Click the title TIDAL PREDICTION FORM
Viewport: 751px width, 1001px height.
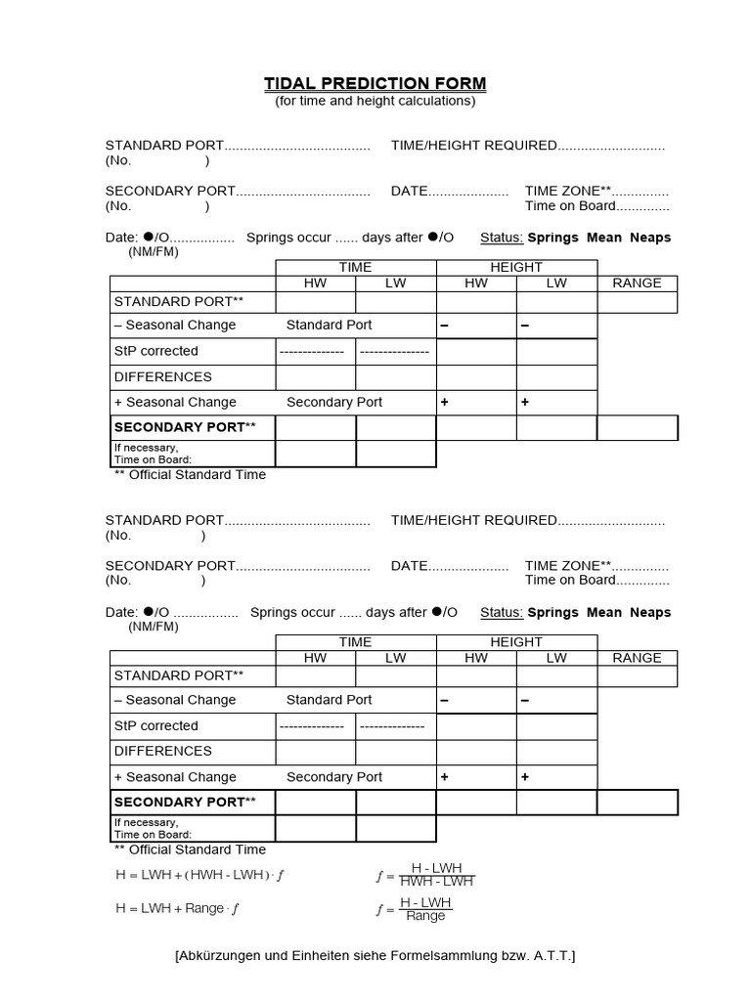[375, 84]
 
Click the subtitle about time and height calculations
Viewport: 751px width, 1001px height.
[375, 101]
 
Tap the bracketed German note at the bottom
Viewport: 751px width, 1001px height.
[375, 955]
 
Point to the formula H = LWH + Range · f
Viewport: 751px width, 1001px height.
[177, 908]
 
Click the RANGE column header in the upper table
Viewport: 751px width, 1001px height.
[637, 283]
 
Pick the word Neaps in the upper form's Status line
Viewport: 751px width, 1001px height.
[650, 238]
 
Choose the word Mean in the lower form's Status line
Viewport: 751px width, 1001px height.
[603, 613]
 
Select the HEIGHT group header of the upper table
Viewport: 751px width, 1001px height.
[516, 267]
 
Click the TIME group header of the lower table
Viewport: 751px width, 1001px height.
[355, 642]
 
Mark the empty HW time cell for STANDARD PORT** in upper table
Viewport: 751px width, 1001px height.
[315, 302]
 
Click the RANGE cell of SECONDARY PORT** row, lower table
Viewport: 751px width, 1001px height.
[637, 803]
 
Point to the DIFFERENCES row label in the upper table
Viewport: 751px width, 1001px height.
[162, 376]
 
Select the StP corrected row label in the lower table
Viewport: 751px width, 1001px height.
[155, 725]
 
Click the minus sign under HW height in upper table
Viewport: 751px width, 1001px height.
[444, 325]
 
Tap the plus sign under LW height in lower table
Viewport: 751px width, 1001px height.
[524, 777]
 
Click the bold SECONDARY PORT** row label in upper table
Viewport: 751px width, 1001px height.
[185, 427]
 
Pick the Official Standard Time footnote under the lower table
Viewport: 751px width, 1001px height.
[190, 850]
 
